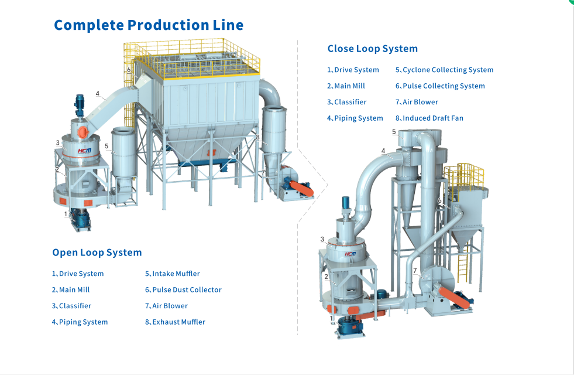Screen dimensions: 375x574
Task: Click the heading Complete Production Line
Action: (x=149, y=25)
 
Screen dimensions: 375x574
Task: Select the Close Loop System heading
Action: (x=372, y=49)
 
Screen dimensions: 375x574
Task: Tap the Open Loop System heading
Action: (x=97, y=253)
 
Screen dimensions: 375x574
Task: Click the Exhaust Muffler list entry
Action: (x=178, y=322)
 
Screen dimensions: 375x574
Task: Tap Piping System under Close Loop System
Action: (x=358, y=118)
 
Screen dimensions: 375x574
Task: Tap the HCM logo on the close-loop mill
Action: (x=350, y=254)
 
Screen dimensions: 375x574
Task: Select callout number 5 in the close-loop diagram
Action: (x=394, y=132)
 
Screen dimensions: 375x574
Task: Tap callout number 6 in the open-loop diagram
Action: (x=129, y=70)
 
